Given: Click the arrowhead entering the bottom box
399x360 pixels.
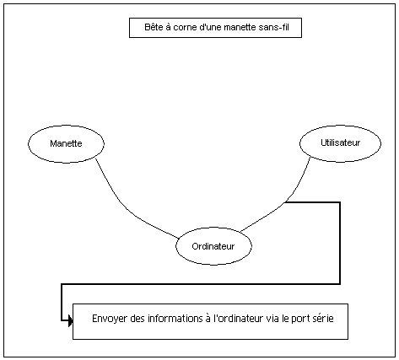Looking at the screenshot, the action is click(70, 320).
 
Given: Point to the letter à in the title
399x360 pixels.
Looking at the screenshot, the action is click(168, 27).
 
